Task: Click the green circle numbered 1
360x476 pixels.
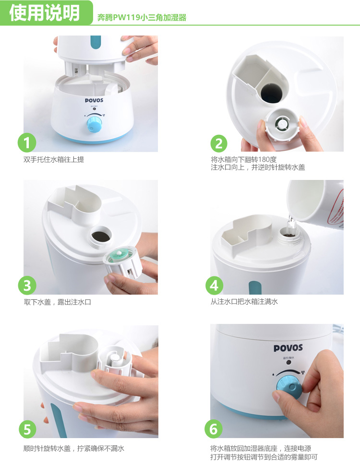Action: (27, 143)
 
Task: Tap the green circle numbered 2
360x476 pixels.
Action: (219, 143)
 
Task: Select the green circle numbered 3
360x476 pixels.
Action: (27, 286)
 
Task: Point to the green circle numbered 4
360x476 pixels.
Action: (214, 286)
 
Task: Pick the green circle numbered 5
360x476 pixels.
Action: (27, 429)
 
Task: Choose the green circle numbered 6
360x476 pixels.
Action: (214, 429)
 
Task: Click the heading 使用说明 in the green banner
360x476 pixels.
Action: (45, 13)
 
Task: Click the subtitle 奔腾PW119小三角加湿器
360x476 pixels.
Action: (142, 18)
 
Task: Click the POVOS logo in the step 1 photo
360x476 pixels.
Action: (94, 100)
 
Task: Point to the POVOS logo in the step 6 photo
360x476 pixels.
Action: (288, 348)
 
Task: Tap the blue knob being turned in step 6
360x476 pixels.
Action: (289, 387)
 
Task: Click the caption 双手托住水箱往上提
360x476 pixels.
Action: (54, 159)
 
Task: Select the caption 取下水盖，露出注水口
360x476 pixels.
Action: (58, 302)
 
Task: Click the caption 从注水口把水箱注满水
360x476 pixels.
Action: (244, 301)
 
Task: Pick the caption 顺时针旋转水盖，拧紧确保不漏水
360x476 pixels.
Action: (74, 448)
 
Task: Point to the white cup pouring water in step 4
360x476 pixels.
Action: (315, 203)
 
